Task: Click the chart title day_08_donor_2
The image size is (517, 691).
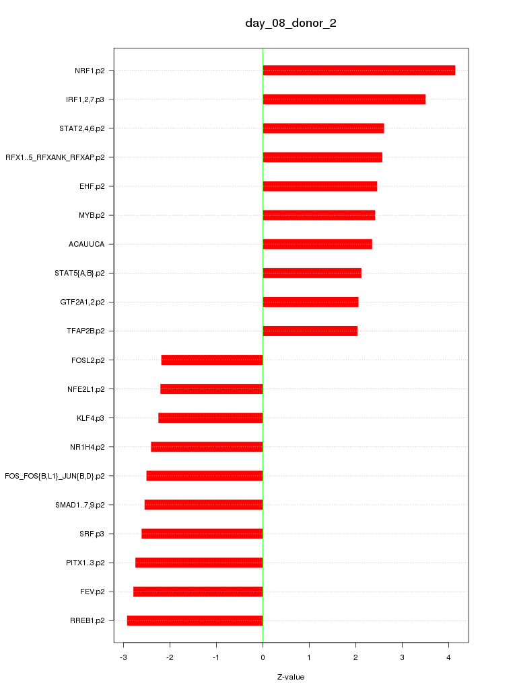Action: (291, 24)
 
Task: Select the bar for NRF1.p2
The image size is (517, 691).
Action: (359, 71)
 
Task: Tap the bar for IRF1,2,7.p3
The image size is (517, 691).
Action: (344, 99)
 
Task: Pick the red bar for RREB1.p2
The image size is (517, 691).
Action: (195, 620)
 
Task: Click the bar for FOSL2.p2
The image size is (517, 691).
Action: (212, 360)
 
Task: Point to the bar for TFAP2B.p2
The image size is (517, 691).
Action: (310, 331)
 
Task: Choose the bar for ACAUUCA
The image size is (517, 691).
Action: (317, 244)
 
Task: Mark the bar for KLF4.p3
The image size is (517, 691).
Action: (211, 418)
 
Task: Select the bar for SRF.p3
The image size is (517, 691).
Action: (202, 534)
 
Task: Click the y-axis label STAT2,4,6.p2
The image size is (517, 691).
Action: (82, 128)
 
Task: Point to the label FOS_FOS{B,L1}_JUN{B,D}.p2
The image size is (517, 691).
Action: (55, 476)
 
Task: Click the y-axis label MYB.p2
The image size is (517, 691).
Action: (92, 215)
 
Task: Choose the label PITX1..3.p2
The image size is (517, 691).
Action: (85, 563)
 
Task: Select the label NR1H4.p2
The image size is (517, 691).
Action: (87, 447)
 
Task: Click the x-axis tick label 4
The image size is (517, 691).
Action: (448, 657)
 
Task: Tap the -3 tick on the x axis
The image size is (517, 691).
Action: (122, 657)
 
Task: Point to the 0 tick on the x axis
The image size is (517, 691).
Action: (263, 657)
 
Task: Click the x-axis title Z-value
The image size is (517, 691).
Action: (291, 677)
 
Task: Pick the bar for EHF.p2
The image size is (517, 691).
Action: (320, 186)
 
